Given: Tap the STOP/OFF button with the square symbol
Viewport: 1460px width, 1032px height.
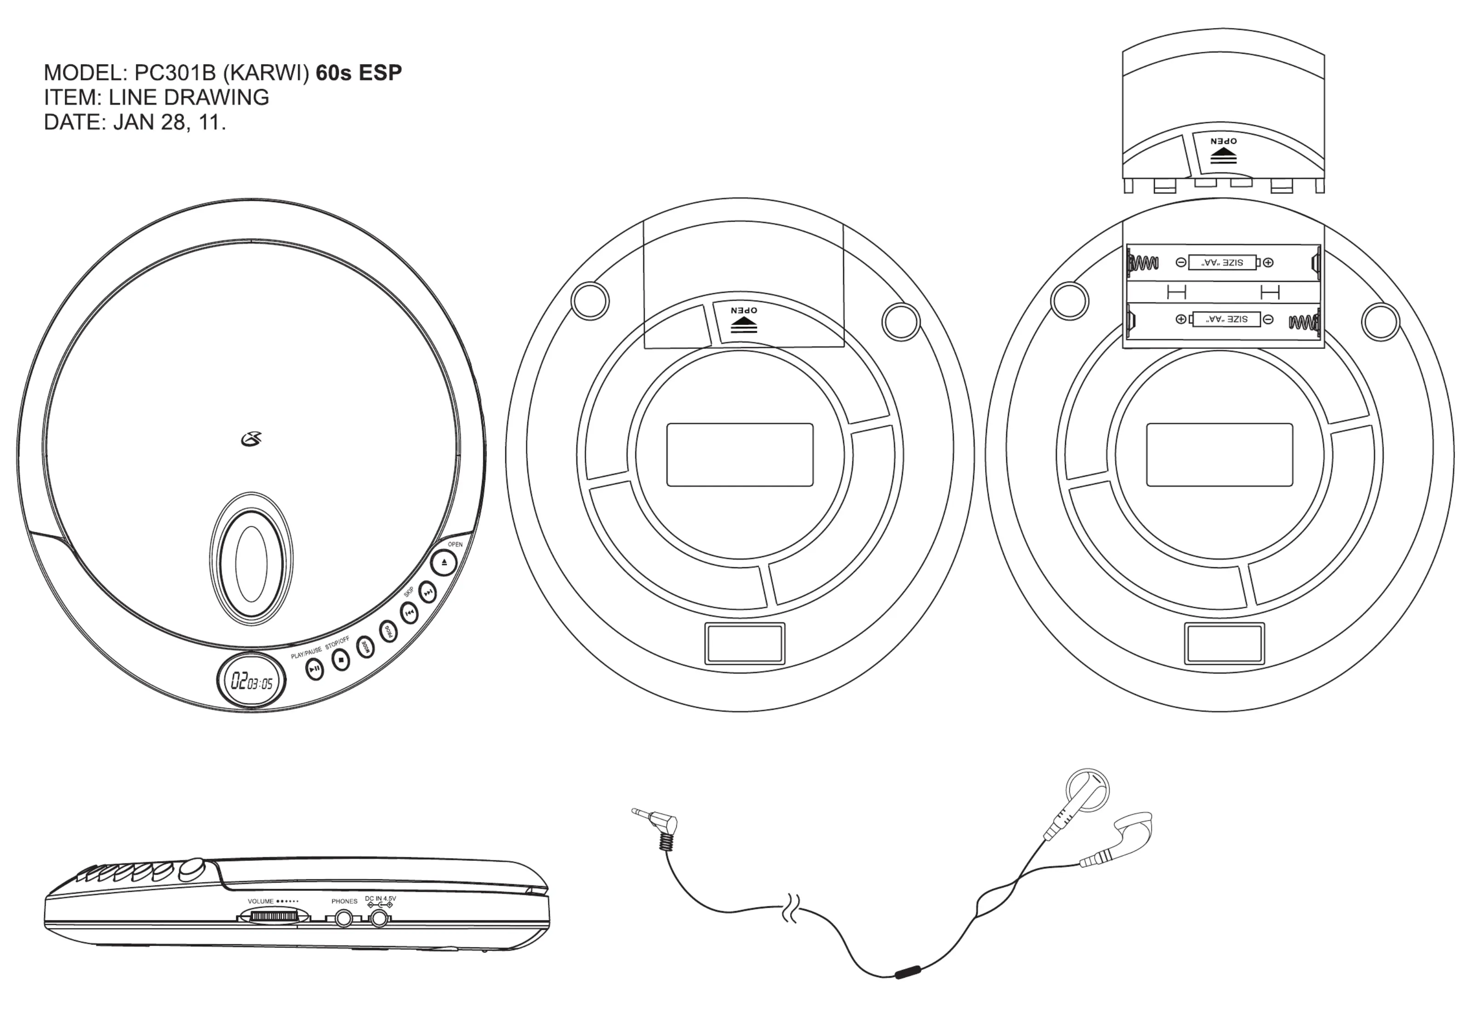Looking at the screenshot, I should [x=341, y=661].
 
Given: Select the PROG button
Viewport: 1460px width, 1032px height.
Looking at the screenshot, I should [x=388, y=631].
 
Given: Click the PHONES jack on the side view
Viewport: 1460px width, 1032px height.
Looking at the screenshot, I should [x=344, y=918].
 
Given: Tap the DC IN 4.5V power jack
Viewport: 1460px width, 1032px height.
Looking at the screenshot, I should [x=380, y=918].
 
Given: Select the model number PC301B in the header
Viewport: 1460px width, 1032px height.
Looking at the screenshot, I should [x=175, y=73].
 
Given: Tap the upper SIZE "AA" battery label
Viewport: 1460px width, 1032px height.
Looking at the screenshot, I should [x=1222, y=262].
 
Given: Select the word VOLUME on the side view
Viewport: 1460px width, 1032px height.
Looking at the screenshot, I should [x=261, y=901].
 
